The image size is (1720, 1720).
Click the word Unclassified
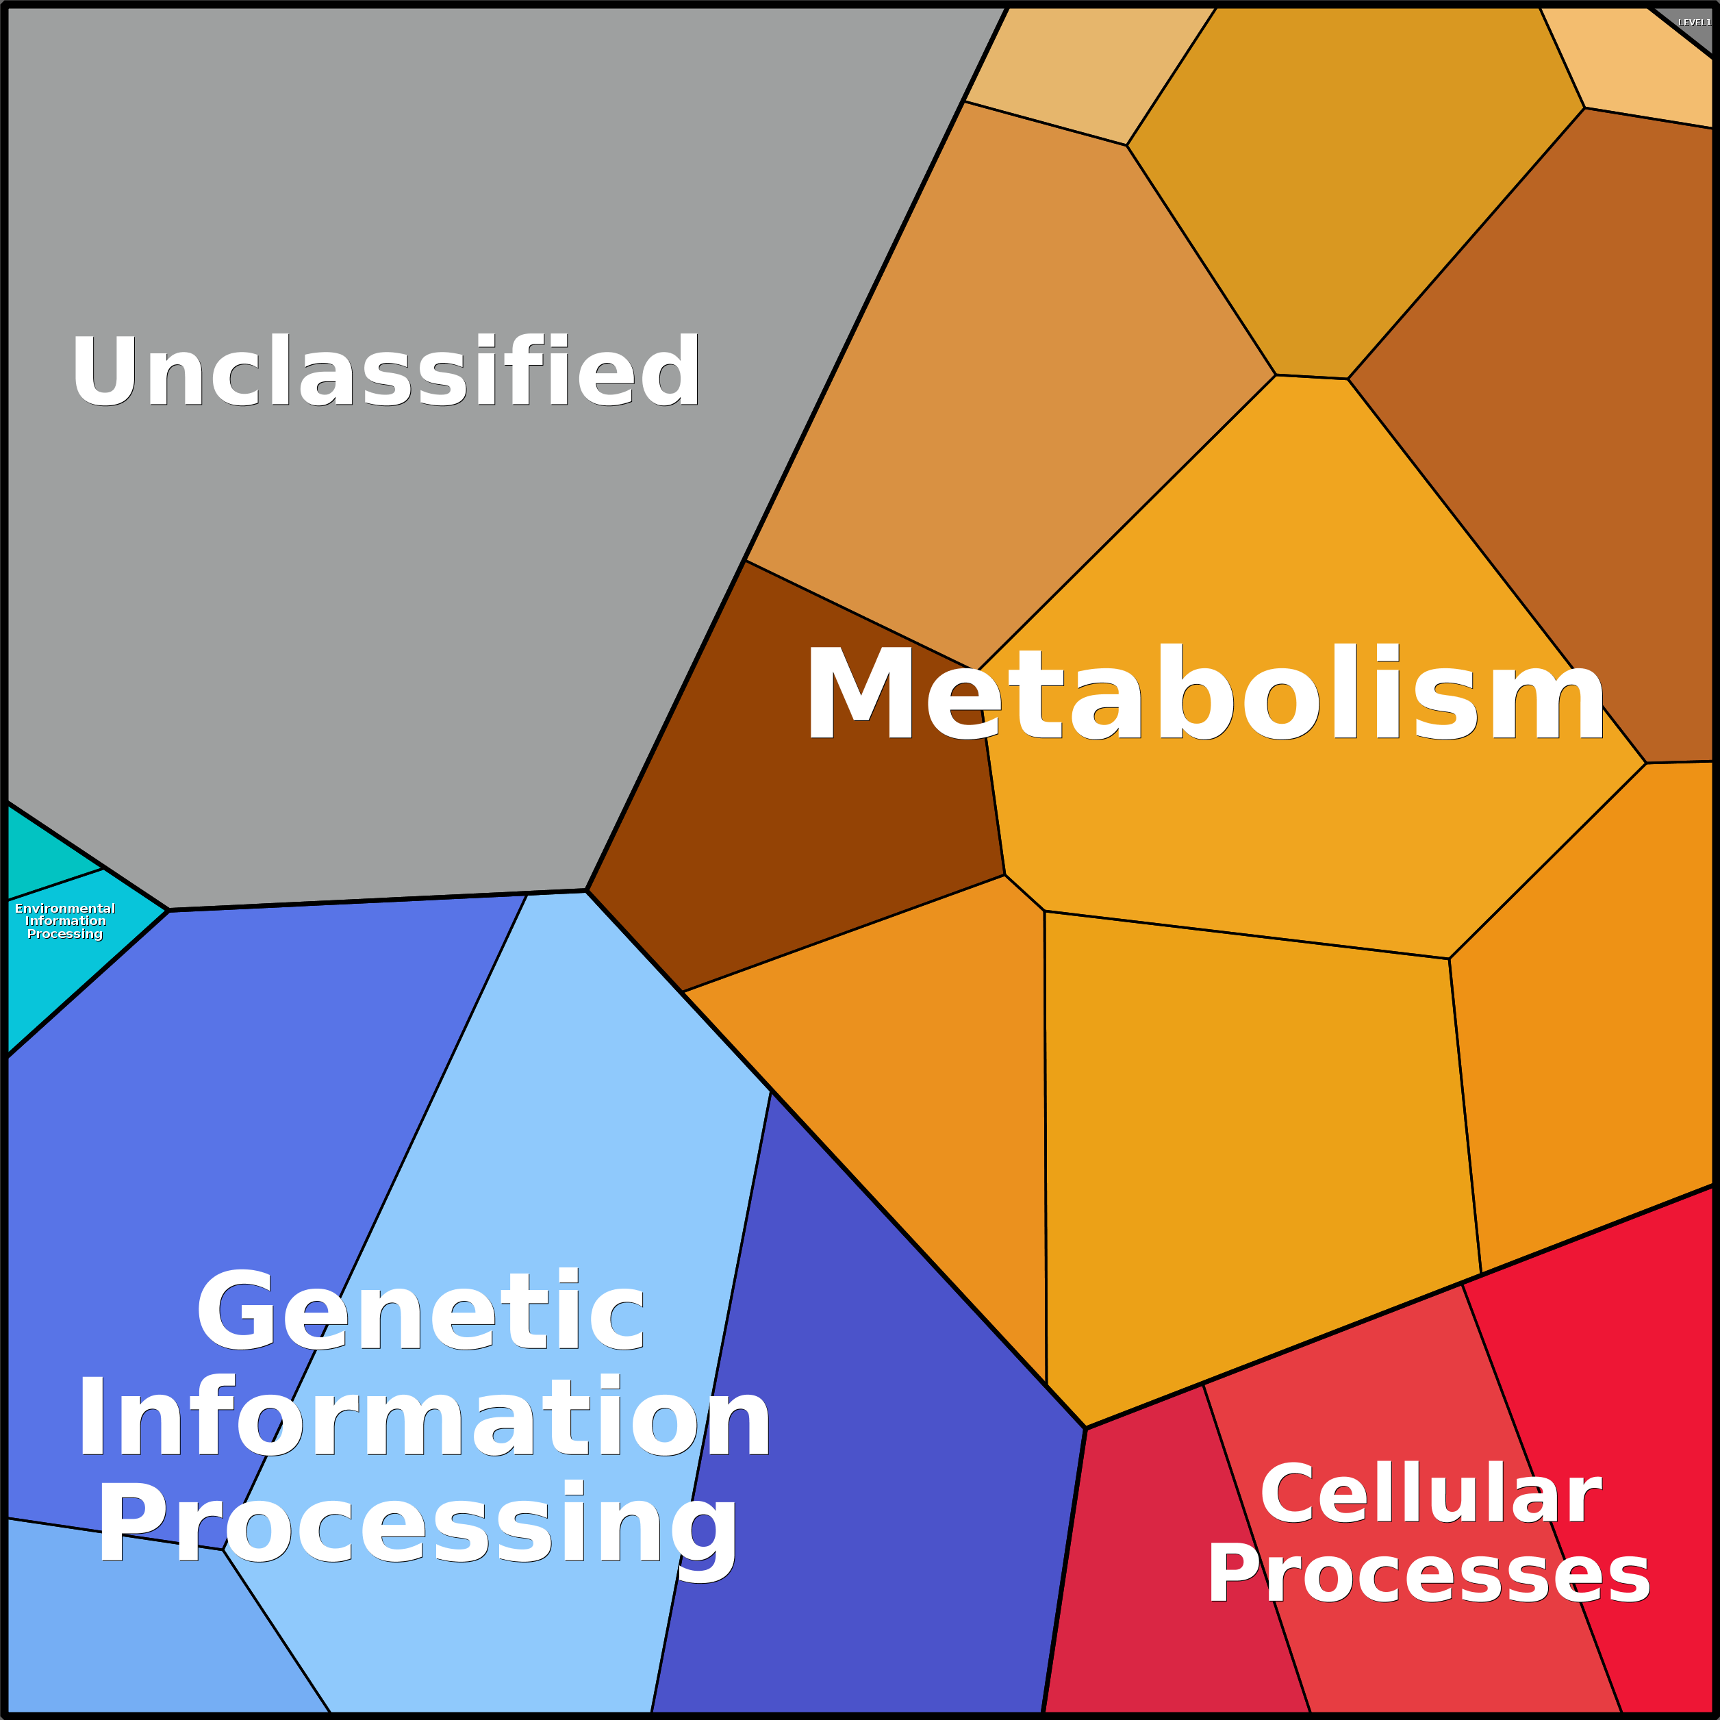point(386,370)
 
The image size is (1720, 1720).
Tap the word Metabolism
point(1204,694)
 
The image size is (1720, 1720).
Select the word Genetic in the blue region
point(420,1311)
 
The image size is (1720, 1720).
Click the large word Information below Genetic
point(425,1417)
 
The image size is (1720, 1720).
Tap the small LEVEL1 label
point(1694,23)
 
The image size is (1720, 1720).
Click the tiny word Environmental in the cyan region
point(65,908)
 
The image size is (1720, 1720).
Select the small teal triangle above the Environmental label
point(45,855)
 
